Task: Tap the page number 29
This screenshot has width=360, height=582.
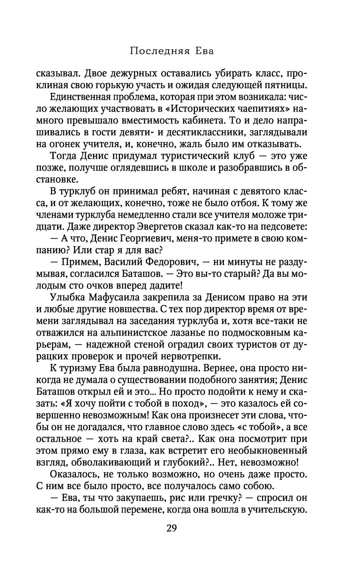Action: click(x=172, y=528)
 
